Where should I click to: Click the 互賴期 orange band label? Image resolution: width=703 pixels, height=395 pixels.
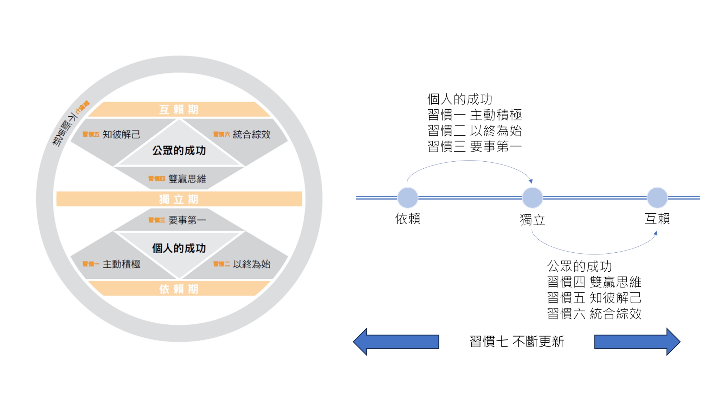179,110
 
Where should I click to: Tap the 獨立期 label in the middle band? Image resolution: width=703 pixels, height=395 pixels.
179,199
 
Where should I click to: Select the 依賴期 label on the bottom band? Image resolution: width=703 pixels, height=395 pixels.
179,289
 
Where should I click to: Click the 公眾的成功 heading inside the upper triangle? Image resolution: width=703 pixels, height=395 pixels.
179,150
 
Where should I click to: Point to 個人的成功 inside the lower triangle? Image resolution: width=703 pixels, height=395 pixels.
179,248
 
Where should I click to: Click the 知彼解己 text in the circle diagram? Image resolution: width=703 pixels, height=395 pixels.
121,134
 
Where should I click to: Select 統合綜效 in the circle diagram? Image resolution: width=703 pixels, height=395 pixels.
251,134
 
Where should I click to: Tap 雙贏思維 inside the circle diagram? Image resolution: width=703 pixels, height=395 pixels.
187,179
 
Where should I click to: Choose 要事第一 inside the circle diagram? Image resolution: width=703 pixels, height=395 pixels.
187,220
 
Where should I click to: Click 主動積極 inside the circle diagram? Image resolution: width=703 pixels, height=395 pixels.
121,264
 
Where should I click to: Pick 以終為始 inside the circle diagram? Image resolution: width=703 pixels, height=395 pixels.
251,264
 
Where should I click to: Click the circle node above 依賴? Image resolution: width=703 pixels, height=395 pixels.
408,198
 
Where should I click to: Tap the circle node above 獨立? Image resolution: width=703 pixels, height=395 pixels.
533,198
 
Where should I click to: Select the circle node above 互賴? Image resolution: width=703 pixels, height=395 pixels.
657,198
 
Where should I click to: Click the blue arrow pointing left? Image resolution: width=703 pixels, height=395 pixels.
396,342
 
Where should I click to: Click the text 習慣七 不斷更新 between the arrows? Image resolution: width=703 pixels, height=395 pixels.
517,342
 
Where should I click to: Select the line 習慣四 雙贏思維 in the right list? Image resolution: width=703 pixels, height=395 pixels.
594,282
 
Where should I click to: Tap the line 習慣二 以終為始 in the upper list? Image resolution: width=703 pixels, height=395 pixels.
475,131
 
